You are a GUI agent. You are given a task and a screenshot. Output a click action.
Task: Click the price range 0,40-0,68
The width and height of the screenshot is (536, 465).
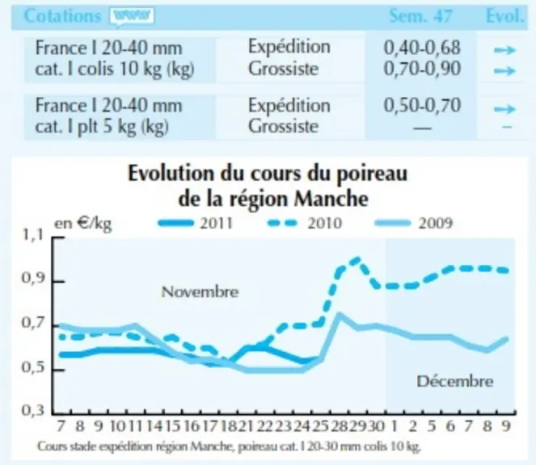pos(422,48)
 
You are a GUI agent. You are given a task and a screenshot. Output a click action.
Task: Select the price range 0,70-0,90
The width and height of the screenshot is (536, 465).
pos(422,69)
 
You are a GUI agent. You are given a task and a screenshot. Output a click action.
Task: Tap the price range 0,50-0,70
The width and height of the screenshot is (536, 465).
pos(422,106)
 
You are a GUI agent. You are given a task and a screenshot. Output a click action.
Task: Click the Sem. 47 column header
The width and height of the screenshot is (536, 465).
pos(421,16)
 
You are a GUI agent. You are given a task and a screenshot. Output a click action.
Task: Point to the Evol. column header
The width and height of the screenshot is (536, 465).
pos(504,16)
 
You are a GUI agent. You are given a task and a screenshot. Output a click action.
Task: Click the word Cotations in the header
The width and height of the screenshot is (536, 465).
pos(62,15)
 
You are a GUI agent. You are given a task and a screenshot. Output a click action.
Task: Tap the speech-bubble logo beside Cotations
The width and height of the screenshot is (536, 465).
pos(132,17)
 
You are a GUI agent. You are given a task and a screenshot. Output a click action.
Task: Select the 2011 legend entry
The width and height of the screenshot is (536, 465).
pos(196,224)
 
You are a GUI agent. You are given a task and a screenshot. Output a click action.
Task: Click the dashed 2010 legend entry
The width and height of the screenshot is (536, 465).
pos(304,224)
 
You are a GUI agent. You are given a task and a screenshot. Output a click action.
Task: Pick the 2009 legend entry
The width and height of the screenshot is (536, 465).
pos(414,224)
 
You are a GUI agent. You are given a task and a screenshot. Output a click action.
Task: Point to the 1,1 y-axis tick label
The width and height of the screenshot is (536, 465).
pos(33,235)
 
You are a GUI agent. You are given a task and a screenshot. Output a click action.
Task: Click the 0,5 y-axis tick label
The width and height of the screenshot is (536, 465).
pos(33,367)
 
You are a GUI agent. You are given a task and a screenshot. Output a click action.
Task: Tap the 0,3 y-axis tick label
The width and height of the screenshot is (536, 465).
pos(33,410)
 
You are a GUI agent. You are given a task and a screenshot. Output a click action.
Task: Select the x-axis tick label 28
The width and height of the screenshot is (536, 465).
pos(339,426)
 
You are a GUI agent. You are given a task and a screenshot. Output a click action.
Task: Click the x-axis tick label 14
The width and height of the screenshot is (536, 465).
pos(154,426)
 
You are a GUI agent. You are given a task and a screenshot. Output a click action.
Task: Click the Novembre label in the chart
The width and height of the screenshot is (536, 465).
pos(200,292)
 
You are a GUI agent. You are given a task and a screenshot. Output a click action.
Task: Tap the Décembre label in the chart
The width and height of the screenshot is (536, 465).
pos(455,381)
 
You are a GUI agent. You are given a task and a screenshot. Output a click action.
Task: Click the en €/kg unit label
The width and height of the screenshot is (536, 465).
pos(83,224)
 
